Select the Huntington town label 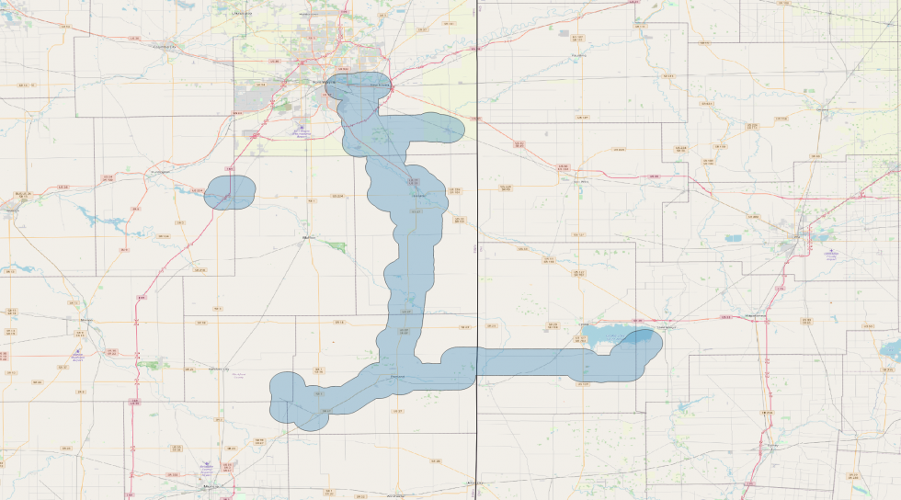(160, 171)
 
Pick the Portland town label (398, 377)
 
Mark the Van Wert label (580, 181)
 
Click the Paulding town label (578, 55)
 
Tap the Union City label (474, 483)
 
